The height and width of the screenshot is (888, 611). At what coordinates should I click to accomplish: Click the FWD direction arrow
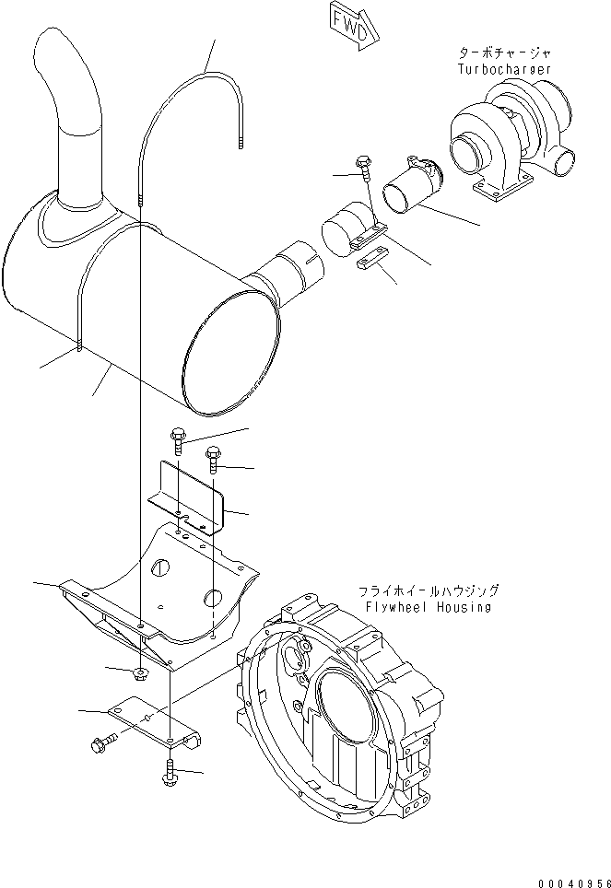pyautogui.click(x=351, y=24)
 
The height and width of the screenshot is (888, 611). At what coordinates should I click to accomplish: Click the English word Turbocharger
pyautogui.click(x=504, y=68)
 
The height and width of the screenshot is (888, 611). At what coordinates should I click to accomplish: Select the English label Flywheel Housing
pyautogui.click(x=427, y=607)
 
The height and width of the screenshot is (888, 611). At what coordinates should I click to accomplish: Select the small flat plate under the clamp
pyautogui.click(x=370, y=260)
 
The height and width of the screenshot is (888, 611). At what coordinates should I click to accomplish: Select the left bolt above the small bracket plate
pyautogui.click(x=178, y=440)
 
